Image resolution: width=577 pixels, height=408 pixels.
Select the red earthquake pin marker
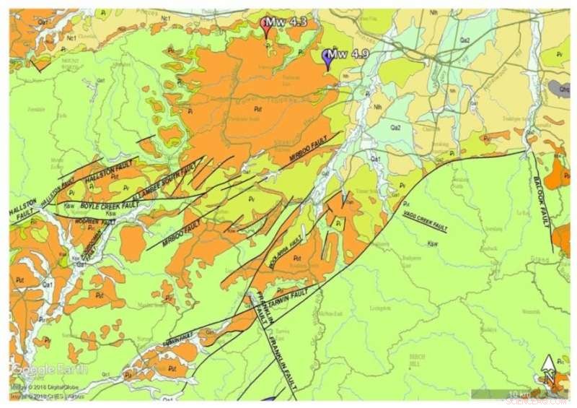[268, 27]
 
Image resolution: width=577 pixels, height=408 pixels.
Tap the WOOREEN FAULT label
[95, 221]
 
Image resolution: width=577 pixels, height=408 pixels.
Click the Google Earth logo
[48, 369]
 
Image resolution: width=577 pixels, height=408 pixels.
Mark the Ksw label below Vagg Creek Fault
[433, 243]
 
